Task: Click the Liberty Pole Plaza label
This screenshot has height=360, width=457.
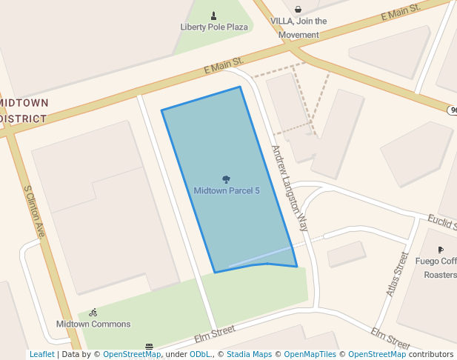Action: coord(214,27)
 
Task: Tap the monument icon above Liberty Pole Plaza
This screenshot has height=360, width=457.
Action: coord(214,16)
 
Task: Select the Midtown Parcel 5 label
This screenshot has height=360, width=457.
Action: coord(227,190)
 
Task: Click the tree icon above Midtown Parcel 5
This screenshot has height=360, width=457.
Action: coord(226,179)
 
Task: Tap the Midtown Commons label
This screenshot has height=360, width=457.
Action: coord(93,324)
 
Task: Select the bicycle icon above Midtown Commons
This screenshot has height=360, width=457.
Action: coord(93,313)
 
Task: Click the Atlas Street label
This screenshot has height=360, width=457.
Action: coord(398,274)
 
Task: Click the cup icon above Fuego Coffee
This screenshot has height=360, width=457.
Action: coord(441,250)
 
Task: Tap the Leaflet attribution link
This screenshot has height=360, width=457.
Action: coord(41,354)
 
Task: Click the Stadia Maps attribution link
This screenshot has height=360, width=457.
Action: coord(247,354)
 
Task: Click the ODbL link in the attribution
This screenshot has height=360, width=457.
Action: coord(199,354)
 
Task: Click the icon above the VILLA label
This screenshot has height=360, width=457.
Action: coord(298,10)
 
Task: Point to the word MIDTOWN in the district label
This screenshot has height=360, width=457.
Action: coord(24,102)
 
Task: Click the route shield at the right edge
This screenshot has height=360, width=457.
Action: coord(453,110)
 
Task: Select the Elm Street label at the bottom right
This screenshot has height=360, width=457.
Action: coord(390,339)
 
